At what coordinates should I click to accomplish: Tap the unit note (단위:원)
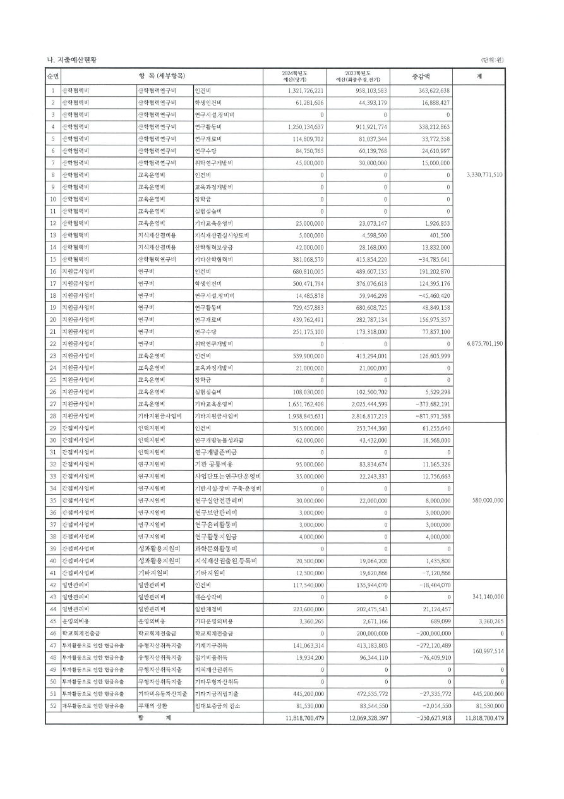pos(493,60)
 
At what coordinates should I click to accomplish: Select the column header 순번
pos(52,76)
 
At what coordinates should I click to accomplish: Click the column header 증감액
pos(420,76)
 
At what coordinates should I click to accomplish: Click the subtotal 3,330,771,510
pos(479,174)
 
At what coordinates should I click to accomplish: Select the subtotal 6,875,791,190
pos(479,343)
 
